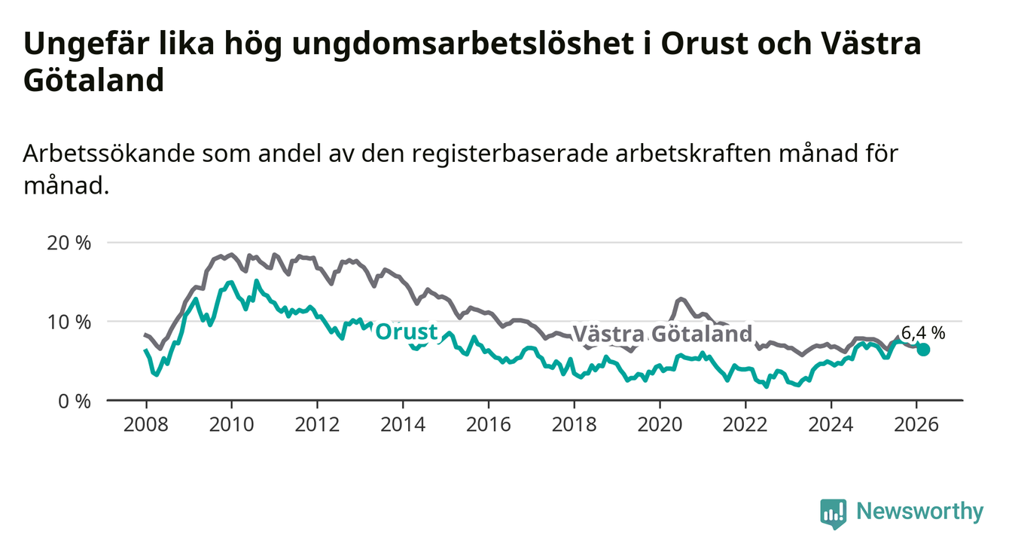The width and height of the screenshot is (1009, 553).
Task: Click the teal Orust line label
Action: pyautogui.click(x=406, y=331)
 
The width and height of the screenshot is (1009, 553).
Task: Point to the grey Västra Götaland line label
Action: pyautogui.click(x=662, y=334)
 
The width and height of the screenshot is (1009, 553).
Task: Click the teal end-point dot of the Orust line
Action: pyautogui.click(x=923, y=350)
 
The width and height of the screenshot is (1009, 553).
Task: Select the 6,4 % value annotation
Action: pyautogui.click(x=922, y=331)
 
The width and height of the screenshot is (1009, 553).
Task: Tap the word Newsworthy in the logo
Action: pyautogui.click(x=920, y=512)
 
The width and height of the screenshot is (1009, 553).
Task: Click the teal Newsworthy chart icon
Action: pyautogui.click(x=833, y=513)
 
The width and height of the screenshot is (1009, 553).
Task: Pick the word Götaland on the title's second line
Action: pyautogui.click(x=93, y=81)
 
